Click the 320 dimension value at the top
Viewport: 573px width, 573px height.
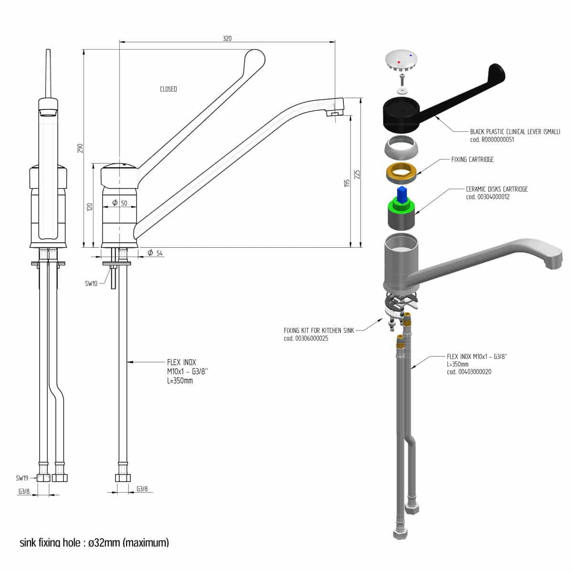coord(227,39)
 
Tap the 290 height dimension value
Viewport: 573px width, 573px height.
coord(81,148)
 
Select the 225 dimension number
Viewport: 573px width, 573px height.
coord(357,175)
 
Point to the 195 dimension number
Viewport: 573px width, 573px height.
coord(347,182)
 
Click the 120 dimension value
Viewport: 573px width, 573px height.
coord(89,206)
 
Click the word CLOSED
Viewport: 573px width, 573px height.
coord(169,89)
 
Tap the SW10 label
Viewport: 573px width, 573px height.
coord(91,284)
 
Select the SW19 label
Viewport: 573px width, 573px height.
coord(22,477)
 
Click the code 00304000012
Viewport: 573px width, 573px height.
coord(488,197)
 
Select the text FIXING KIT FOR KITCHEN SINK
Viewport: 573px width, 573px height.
coord(319,330)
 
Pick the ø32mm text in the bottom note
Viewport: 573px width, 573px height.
coord(104,543)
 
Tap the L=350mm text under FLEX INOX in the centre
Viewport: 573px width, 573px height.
coord(180,381)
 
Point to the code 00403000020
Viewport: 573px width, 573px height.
coord(469,372)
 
